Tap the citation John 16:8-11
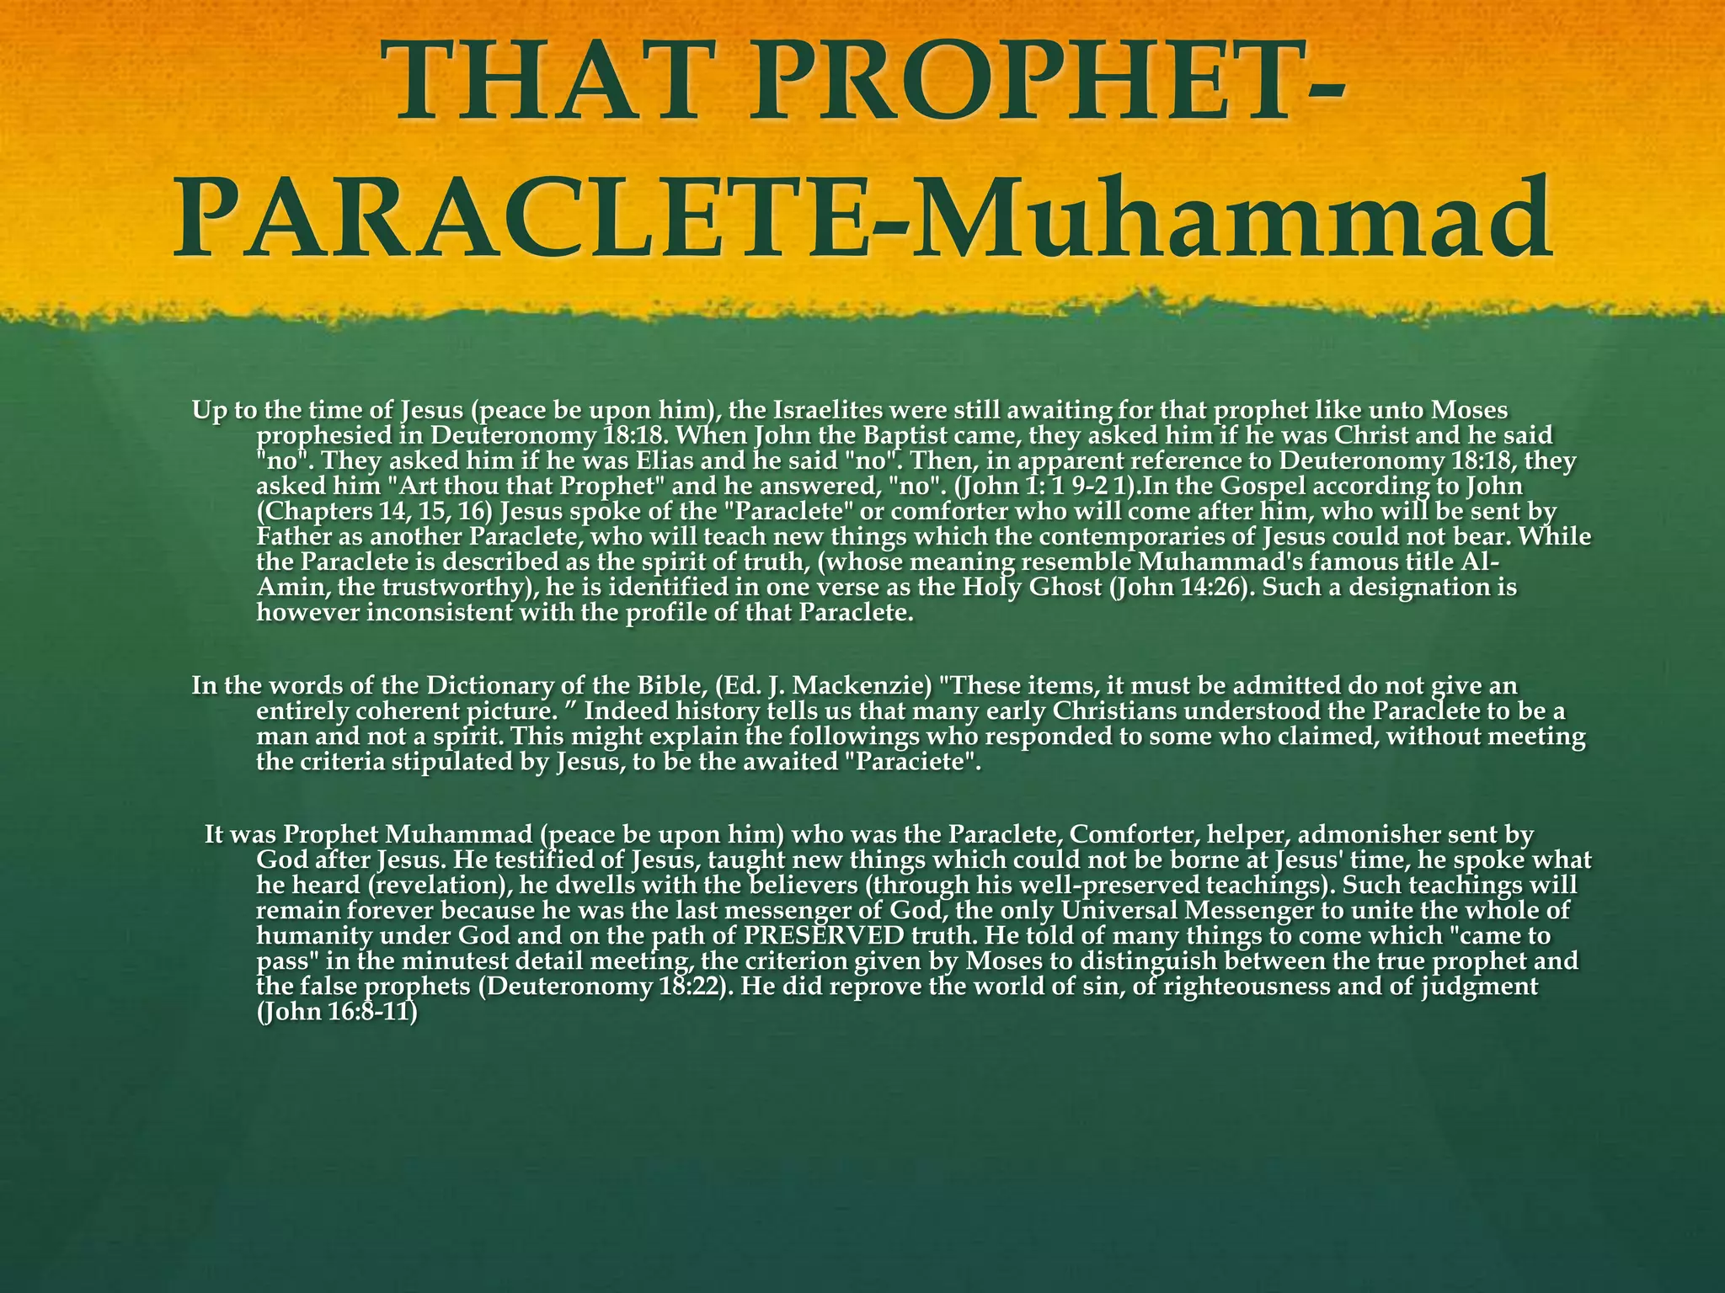(338, 1012)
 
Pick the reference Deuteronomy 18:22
(601, 987)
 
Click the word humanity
(310, 936)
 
